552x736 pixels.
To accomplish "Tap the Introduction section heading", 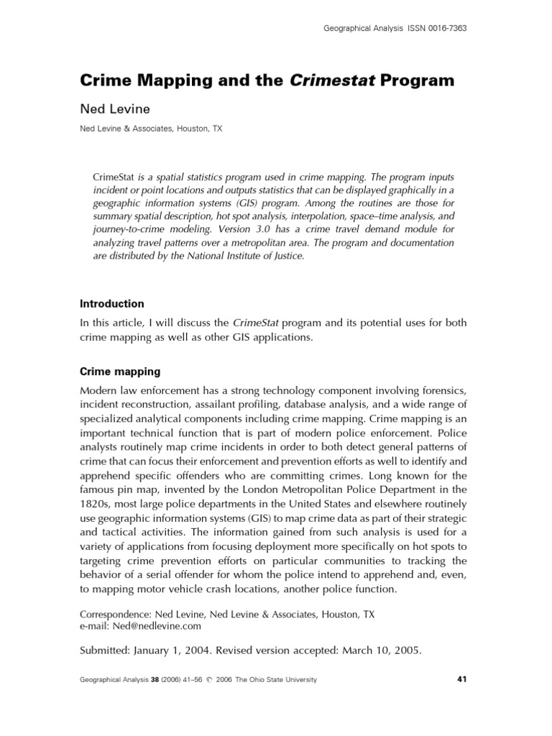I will (x=111, y=303).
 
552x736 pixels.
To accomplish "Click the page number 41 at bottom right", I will (x=462, y=679).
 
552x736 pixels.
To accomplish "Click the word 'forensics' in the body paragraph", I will (x=440, y=390).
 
